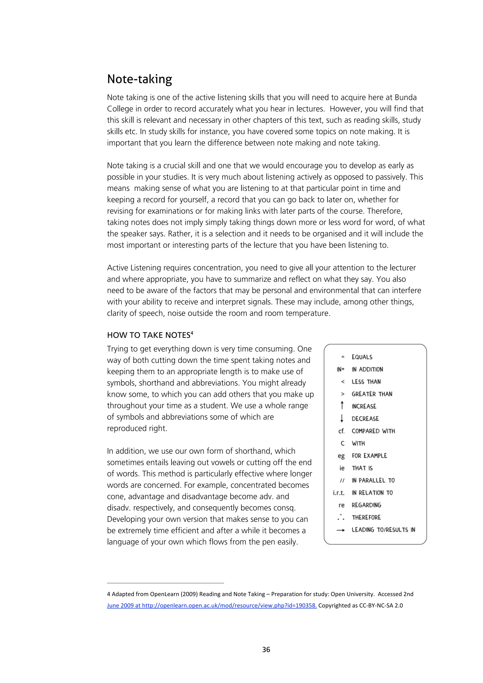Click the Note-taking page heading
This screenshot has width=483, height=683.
[139, 79]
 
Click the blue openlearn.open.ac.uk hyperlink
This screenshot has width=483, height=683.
[212, 605]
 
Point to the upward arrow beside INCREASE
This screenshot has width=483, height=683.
[342, 405]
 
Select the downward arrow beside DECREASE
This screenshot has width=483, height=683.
[342, 418]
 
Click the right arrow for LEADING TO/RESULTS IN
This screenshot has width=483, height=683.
[341, 530]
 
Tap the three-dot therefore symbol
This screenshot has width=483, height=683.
[341, 517]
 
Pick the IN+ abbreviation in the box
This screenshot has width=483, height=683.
[341, 369]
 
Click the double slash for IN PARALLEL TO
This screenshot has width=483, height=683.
[342, 480]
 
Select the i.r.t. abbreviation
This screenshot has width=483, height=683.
[339, 493]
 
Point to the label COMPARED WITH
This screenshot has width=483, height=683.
[373, 431]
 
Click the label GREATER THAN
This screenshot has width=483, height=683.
[372, 394]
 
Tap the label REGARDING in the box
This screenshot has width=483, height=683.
[366, 505]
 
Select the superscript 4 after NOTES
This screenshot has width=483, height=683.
[192, 333]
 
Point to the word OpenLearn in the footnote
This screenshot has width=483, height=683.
[165, 594]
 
